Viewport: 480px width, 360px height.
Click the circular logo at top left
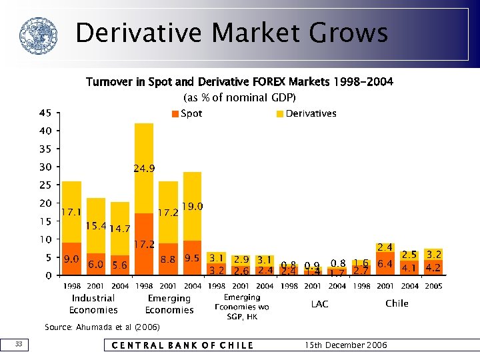point(35,35)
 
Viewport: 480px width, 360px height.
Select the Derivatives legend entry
point(307,114)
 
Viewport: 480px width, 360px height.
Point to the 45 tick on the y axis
point(45,113)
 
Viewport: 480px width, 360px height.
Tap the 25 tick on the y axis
point(45,185)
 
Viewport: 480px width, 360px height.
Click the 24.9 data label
point(144,169)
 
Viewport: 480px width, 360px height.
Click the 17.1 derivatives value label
point(71,213)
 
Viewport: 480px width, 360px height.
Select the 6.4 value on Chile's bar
point(385,264)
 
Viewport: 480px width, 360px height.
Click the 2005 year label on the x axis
point(433,286)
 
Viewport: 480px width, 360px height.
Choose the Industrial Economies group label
point(93,304)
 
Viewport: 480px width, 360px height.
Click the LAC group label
point(319,304)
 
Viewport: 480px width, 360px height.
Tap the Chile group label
point(397,303)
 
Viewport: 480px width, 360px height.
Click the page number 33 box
point(20,344)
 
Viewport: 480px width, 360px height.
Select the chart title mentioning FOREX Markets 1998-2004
point(239,82)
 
